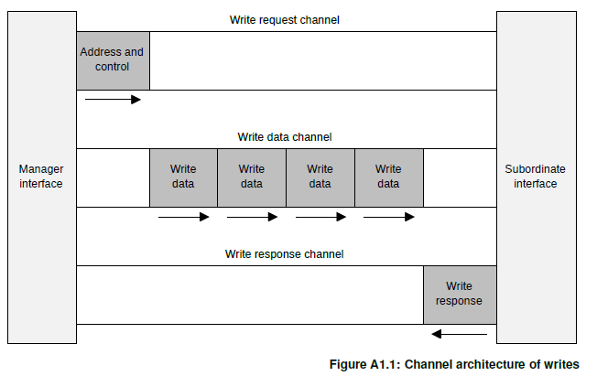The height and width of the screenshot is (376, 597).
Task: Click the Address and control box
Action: coord(113,61)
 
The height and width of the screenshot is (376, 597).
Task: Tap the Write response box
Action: coord(460,295)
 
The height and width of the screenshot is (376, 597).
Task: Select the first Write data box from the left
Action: coord(183,177)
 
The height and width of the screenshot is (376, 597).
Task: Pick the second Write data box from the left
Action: coord(252,177)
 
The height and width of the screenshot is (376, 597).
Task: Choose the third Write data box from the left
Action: coord(320,177)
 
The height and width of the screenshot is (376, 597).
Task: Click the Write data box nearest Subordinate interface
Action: coord(389,177)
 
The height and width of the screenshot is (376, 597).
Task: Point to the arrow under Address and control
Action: coord(113,100)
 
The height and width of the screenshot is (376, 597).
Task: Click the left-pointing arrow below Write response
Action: coord(459,334)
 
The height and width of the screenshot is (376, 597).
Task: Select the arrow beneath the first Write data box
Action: coord(183,217)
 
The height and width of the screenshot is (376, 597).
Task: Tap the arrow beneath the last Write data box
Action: coord(389,217)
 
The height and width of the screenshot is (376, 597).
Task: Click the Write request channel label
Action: coord(285,20)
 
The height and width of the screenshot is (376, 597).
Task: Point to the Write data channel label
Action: coord(285,137)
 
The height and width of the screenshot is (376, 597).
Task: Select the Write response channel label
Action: coord(285,253)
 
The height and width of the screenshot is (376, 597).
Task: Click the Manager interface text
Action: coord(41,177)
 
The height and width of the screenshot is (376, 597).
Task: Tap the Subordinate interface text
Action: coord(535,177)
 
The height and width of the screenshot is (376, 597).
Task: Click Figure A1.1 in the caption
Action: coord(364,364)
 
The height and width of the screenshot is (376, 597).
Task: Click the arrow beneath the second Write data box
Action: coord(252,217)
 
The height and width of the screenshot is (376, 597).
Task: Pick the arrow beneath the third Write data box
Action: coord(320,217)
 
